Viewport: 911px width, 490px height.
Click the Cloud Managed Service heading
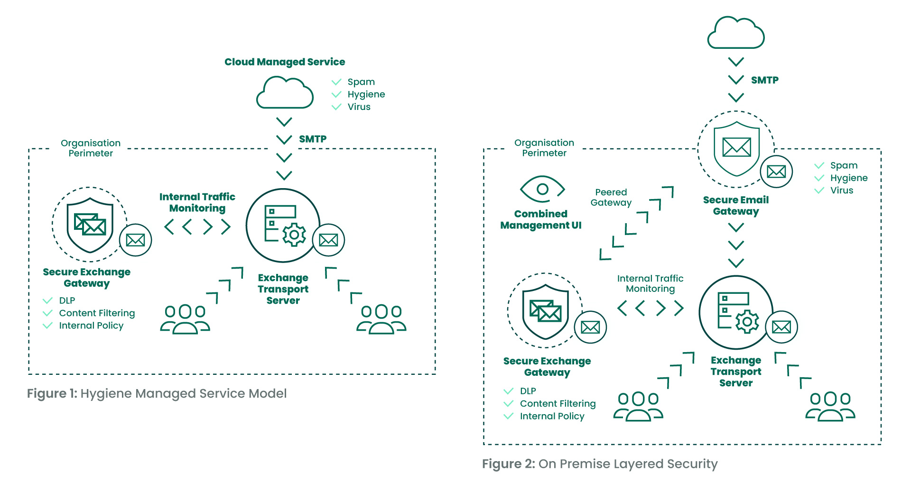pyautogui.click(x=285, y=62)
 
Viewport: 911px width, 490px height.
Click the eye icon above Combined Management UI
pyautogui.click(x=542, y=190)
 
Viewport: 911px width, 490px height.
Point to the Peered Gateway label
pyautogui.click(x=611, y=197)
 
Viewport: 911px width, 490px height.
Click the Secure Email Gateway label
pyautogui.click(x=736, y=206)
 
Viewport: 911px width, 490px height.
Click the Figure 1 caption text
pyautogui.click(x=157, y=394)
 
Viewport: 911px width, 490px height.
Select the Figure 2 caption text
pyautogui.click(x=600, y=464)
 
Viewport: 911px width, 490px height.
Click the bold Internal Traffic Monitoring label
pyautogui.click(x=197, y=202)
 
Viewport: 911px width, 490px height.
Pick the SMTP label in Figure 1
pyautogui.click(x=313, y=139)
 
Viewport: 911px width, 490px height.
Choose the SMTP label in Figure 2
pyautogui.click(x=765, y=81)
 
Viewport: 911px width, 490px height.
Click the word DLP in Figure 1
pyautogui.click(x=67, y=300)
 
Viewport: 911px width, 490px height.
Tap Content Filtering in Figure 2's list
pyautogui.click(x=558, y=404)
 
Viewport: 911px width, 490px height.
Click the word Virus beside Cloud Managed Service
pyautogui.click(x=359, y=107)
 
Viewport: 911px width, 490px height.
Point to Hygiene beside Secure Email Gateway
pyautogui.click(x=849, y=178)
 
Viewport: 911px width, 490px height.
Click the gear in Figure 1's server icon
pyautogui.click(x=294, y=235)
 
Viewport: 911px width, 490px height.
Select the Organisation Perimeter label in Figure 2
pyautogui.click(x=544, y=148)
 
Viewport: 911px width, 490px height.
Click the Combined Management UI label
pyautogui.click(x=541, y=219)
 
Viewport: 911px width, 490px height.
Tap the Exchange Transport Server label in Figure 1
pyautogui.click(x=283, y=289)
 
